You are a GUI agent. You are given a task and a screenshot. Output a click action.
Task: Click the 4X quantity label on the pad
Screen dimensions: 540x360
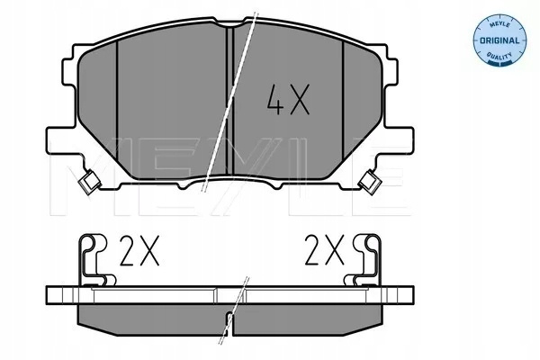[x=288, y=99]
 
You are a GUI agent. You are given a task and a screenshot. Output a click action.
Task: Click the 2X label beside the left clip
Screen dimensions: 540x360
[x=139, y=250]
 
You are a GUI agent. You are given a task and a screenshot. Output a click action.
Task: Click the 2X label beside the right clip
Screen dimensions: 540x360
[x=324, y=250]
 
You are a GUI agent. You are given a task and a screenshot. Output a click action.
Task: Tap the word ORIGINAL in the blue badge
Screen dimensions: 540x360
[x=499, y=40]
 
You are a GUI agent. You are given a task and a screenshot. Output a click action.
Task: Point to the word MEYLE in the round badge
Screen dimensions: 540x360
[x=499, y=22]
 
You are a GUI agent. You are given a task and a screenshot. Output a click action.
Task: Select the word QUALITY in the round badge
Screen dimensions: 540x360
[x=499, y=56]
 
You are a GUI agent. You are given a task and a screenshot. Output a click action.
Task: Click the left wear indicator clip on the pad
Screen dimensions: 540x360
[x=89, y=181]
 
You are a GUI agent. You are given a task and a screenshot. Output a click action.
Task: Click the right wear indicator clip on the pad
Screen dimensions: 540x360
[x=370, y=181]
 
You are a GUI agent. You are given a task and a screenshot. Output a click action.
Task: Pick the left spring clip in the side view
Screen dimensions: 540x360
[x=94, y=260]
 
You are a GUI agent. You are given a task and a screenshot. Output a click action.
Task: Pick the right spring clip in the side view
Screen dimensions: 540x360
[x=366, y=260]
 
